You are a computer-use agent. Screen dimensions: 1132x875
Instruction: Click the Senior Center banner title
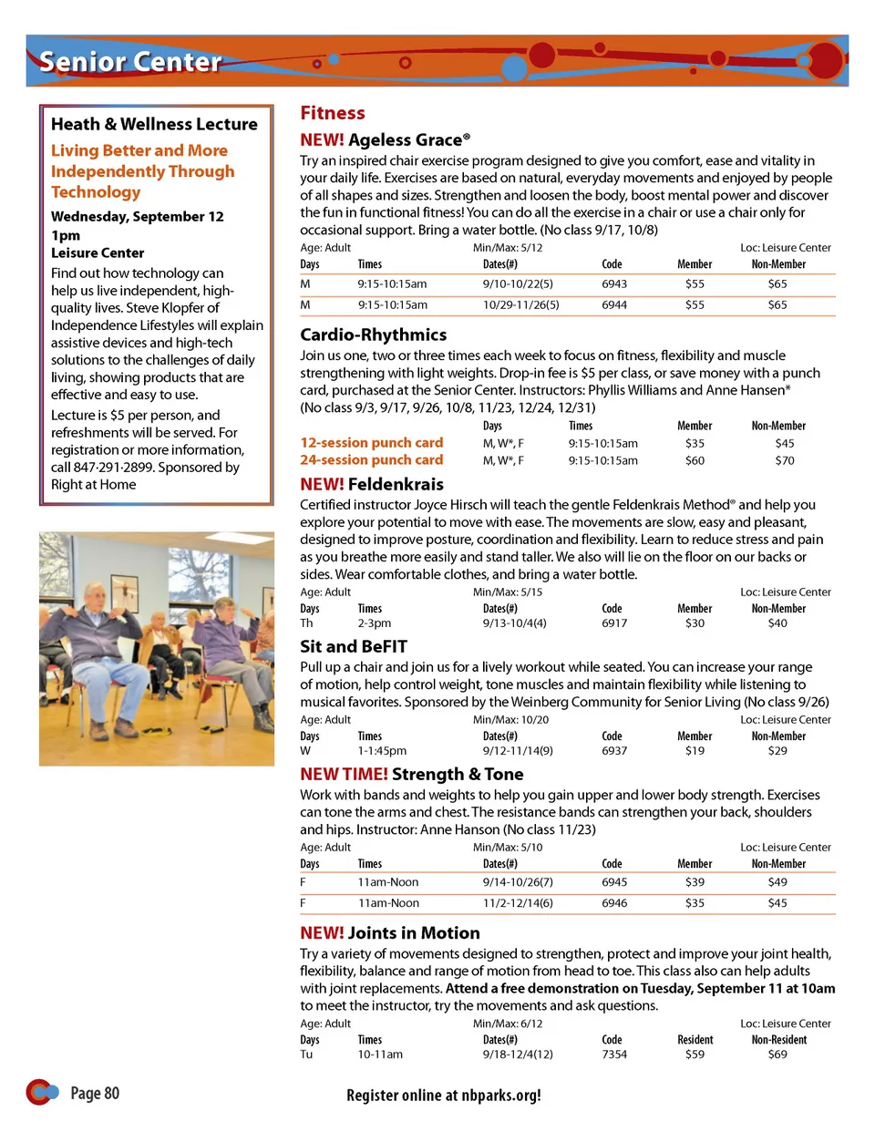(130, 62)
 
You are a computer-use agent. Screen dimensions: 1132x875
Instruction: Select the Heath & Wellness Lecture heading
(154, 124)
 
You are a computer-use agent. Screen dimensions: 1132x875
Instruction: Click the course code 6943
(614, 283)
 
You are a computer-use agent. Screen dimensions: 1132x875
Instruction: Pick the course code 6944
(614, 304)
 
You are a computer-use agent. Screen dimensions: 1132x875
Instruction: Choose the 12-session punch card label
(372, 443)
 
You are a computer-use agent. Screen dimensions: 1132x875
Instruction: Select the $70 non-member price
(784, 460)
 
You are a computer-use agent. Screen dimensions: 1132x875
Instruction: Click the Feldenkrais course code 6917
(614, 623)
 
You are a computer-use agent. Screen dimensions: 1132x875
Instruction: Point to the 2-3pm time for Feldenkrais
(374, 623)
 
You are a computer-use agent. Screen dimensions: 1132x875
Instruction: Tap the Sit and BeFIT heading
(354, 646)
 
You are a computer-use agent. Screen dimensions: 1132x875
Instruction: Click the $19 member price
(695, 751)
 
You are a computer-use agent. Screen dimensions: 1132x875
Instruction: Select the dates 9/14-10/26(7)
(518, 882)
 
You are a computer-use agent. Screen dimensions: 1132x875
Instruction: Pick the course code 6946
(614, 903)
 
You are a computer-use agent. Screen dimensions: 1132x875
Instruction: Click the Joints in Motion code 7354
(614, 1055)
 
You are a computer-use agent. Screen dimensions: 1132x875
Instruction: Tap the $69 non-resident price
(777, 1055)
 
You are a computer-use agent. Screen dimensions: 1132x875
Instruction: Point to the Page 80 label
(95, 1094)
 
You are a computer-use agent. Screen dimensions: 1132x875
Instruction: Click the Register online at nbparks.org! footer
(444, 1096)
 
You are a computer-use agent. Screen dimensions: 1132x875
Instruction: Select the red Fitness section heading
(333, 113)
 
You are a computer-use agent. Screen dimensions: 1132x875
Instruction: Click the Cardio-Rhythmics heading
(374, 334)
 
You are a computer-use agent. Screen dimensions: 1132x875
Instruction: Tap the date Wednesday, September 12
(137, 217)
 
